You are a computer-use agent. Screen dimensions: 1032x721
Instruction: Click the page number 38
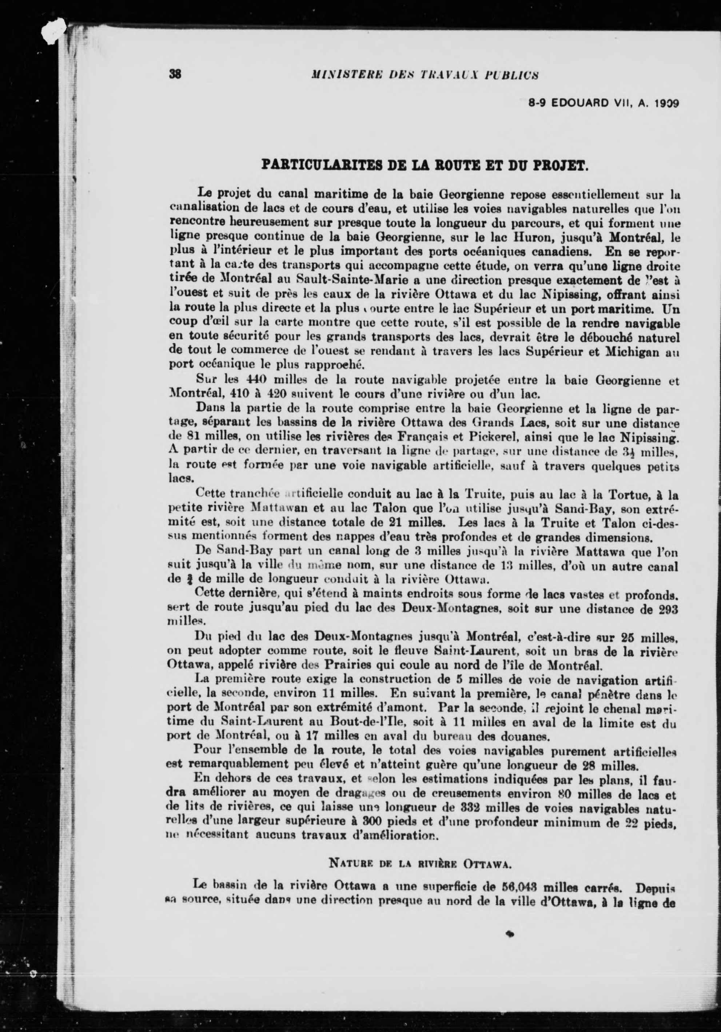pos(175,74)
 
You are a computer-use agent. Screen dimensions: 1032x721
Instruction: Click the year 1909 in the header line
pos(666,103)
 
